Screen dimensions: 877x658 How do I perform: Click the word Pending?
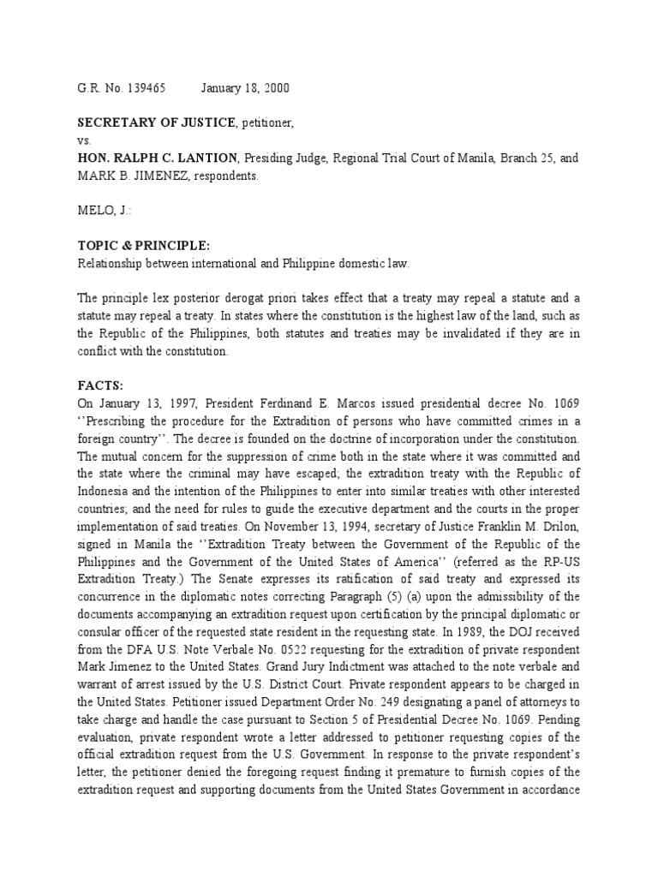coord(561,718)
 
